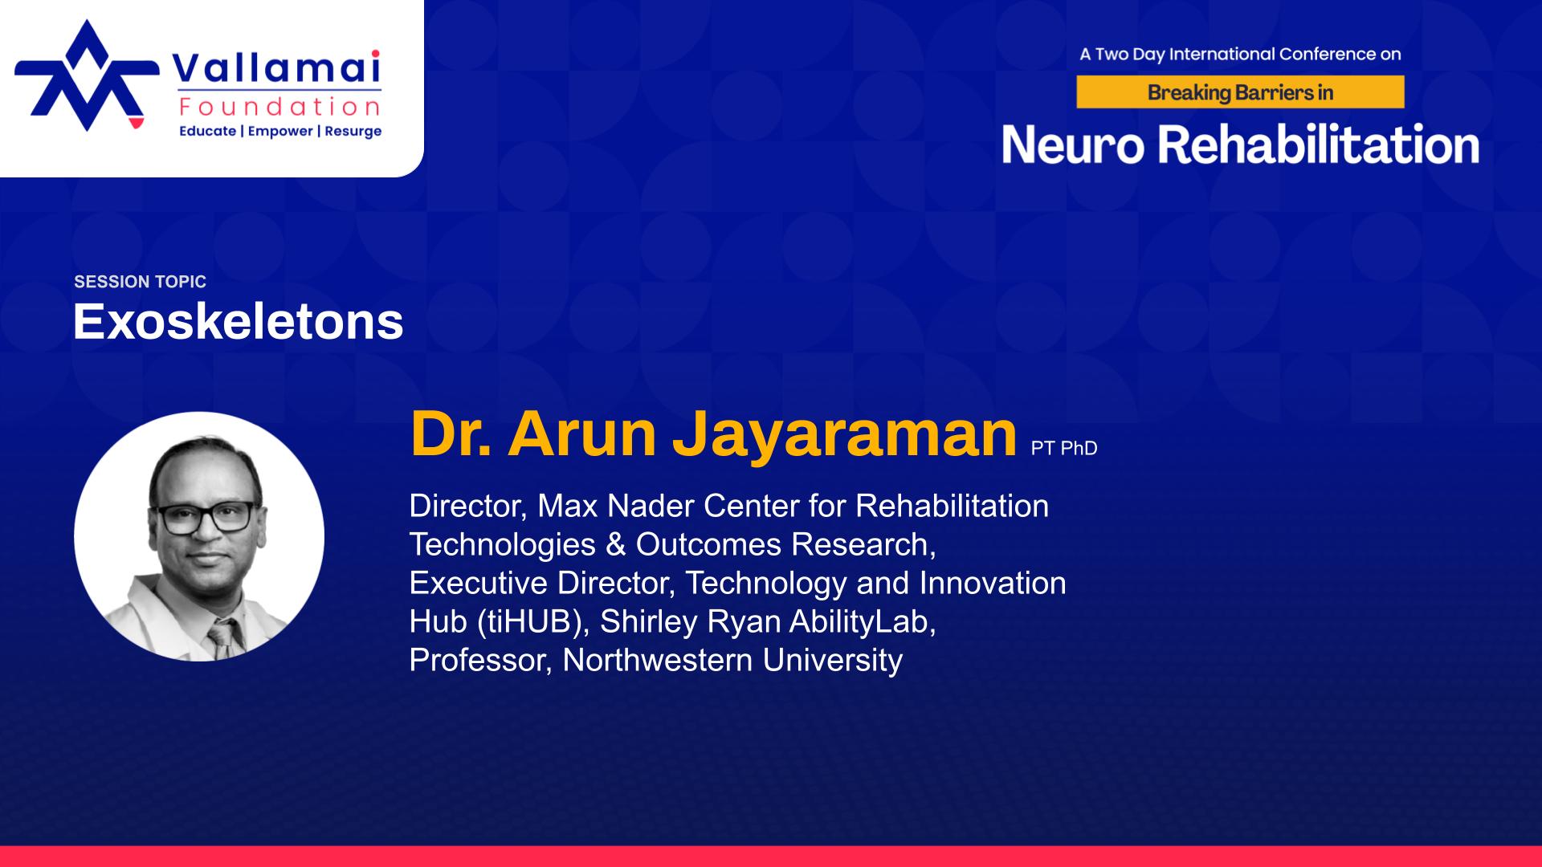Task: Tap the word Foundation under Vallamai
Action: point(280,107)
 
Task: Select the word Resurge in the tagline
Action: point(353,132)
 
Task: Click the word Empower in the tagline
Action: point(280,132)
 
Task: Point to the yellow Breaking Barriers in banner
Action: point(1240,92)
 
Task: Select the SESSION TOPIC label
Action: point(140,282)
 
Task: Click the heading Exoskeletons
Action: point(239,322)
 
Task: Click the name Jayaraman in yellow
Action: point(845,433)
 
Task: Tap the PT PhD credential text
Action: point(1064,449)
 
